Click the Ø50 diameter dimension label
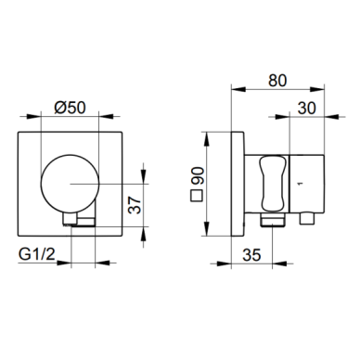click(x=70, y=109)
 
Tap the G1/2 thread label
click(x=37, y=254)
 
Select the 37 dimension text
click(x=135, y=205)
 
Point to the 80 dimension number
click(x=277, y=81)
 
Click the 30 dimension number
click(x=306, y=109)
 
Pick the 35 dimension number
click(x=251, y=255)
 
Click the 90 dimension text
click(x=197, y=176)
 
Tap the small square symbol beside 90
click(x=197, y=197)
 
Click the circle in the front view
click(x=70, y=184)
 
